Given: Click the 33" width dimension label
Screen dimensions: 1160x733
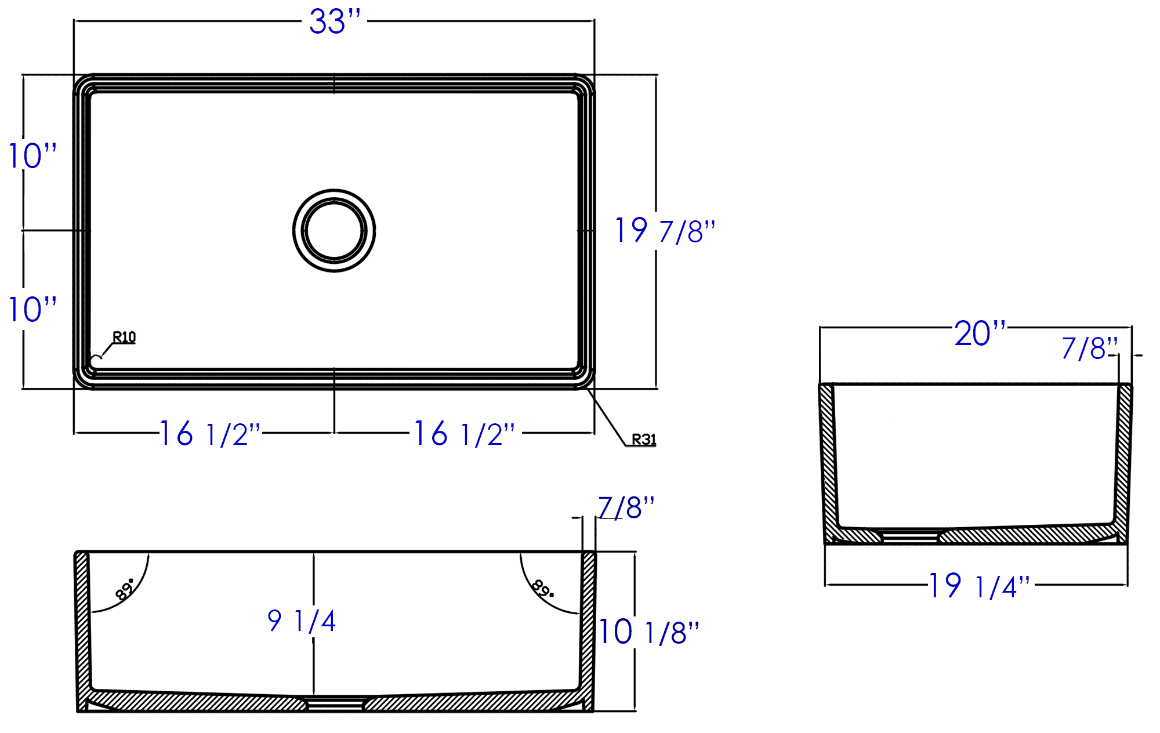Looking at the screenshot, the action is tap(335, 22).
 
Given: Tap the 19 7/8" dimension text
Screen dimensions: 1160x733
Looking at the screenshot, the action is tap(665, 231).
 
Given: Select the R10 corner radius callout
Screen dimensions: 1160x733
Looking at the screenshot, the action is tap(124, 337).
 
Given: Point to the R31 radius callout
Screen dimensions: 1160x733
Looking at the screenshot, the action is tap(644, 440).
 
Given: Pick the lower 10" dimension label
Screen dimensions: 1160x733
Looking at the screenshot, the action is tap(32, 309).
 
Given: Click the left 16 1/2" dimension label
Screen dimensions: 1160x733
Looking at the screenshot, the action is tap(210, 434).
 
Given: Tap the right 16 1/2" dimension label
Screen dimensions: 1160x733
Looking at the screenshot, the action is tap(464, 434).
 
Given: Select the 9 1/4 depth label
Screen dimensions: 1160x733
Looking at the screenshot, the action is tap(302, 620).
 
